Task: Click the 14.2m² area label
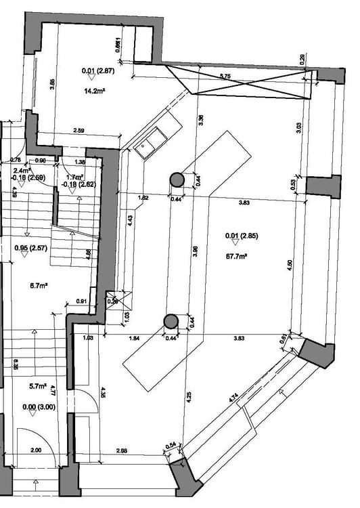tap(94, 90)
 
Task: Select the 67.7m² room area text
tap(236, 257)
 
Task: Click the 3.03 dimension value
tap(298, 127)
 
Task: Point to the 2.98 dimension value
tap(122, 450)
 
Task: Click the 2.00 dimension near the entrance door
tap(36, 450)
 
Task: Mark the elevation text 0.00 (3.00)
tap(38, 406)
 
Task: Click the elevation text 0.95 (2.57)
tap(29, 248)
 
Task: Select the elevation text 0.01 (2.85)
tap(241, 236)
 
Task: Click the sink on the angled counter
tap(148, 144)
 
